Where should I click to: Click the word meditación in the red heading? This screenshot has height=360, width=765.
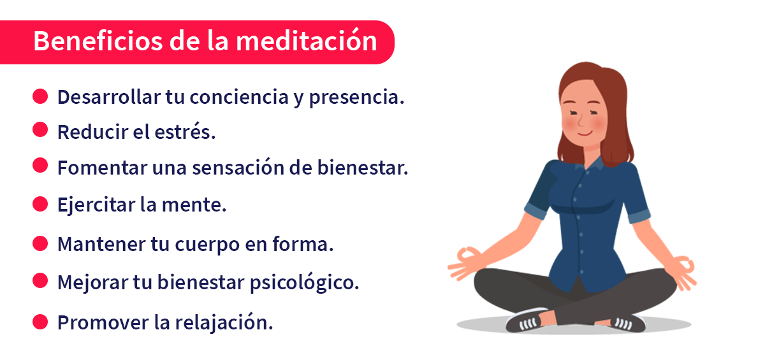[x=305, y=41]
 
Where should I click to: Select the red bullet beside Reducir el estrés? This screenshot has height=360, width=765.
[x=40, y=130]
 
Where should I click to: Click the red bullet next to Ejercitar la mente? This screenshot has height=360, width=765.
[x=40, y=204]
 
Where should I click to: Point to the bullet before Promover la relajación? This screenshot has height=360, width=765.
[x=40, y=321]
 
